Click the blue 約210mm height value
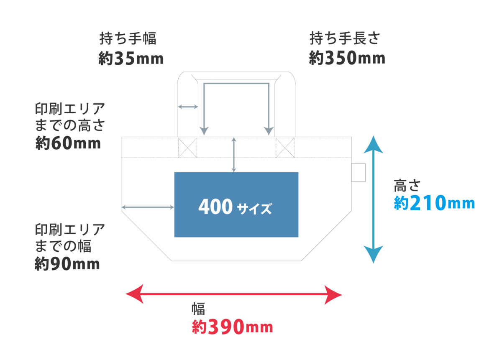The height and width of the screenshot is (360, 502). click(434, 204)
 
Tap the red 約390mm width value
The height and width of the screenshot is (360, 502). click(233, 327)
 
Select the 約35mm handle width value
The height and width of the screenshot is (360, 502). click(131, 59)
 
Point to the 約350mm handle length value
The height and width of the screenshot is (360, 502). click(346, 59)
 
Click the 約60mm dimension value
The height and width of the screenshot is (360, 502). click(68, 143)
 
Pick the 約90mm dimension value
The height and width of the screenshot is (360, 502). click(67, 265)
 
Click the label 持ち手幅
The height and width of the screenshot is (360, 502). click(128, 39)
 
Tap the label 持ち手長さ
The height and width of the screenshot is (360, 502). click(344, 39)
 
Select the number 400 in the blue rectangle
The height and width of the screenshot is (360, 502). click(215, 207)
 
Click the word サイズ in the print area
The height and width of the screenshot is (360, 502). click(254, 208)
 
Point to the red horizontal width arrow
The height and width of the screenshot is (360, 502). click(234, 294)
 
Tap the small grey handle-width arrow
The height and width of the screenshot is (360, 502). click(188, 107)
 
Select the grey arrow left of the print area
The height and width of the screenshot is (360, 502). click(147, 207)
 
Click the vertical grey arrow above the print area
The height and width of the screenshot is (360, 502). click(234, 154)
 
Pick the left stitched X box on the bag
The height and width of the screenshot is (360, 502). click(187, 147)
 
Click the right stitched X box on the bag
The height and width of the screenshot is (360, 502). click(285, 147)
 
